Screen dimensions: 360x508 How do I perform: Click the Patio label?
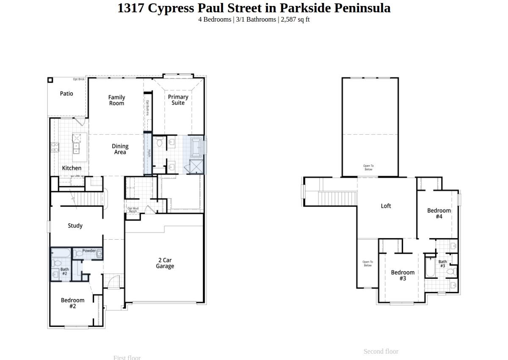coord(66,94)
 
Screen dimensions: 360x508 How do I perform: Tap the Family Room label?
coord(116,100)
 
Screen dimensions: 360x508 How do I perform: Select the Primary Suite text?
coord(178,100)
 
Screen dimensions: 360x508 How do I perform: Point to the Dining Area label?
coord(120,149)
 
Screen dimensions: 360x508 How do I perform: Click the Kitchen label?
coord(72,168)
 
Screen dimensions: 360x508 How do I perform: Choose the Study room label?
coord(75,226)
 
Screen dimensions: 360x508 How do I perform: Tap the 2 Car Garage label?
coord(165,263)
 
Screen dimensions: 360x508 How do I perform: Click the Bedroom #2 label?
coord(72,303)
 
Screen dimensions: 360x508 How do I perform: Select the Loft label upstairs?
coord(386,206)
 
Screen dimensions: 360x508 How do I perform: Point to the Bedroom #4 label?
coord(439,213)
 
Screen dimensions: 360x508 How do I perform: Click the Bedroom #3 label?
coord(403,275)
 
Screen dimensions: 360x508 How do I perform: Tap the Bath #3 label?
coord(442,264)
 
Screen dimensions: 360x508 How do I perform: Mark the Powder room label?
coord(89,251)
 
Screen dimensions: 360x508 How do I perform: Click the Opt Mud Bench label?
coord(133,210)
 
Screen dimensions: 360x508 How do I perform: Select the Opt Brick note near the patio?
coord(79,79)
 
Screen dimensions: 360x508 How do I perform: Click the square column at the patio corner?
coord(50,80)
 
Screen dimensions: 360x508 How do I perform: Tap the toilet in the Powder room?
coord(78,254)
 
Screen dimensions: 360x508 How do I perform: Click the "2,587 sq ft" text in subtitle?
coord(295,19)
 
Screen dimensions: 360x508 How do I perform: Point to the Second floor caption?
coord(381,352)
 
